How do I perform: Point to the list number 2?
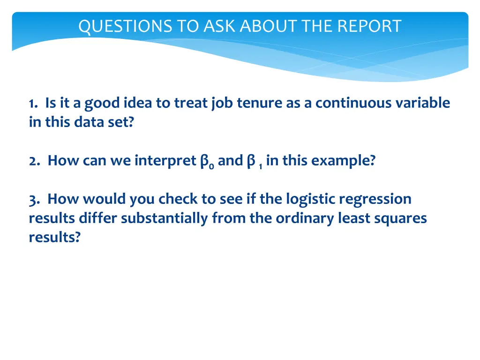click(34, 161)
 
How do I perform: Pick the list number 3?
click(33, 199)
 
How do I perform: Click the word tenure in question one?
click(256, 103)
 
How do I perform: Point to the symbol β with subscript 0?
click(205, 162)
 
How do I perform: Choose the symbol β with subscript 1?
click(252, 162)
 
